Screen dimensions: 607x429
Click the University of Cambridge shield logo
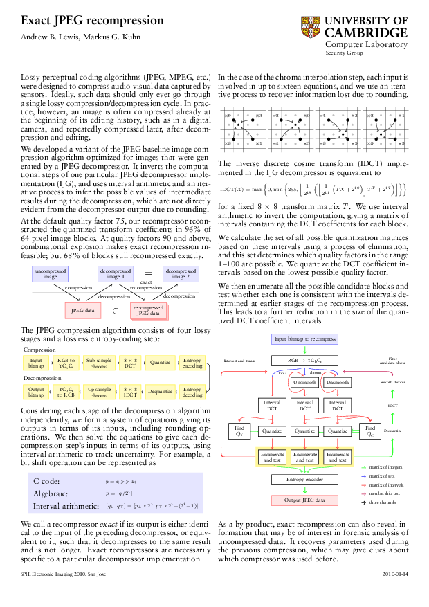click(311, 28)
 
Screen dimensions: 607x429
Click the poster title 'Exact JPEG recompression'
click(92, 21)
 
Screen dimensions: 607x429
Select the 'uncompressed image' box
click(50, 274)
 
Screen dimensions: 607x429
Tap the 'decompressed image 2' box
click(181, 274)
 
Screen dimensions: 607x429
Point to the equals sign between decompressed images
click(148, 273)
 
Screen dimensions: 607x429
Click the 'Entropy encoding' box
click(192, 363)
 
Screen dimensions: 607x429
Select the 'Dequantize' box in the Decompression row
click(160, 392)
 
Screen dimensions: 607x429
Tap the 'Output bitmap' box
click(36, 392)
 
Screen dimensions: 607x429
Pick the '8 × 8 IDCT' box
click(130, 392)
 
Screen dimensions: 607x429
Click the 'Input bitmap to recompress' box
click(304, 339)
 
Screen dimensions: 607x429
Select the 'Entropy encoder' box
click(304, 479)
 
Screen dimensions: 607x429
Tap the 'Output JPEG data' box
click(304, 500)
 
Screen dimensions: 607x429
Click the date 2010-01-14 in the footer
click(395, 574)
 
